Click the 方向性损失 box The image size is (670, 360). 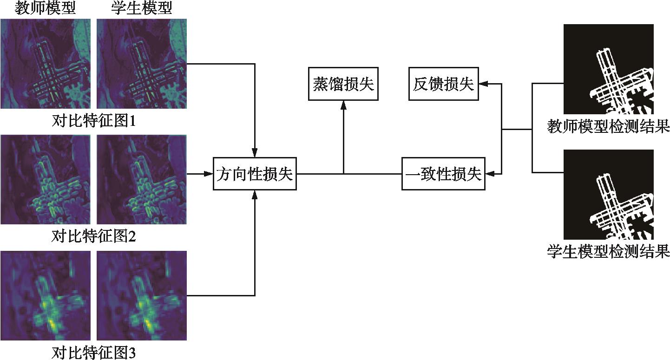pyautogui.click(x=255, y=174)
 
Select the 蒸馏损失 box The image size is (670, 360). pyautogui.click(x=343, y=84)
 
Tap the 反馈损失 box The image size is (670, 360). pyautogui.click(x=443, y=84)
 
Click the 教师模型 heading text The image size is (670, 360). pyautogui.click(x=45, y=8)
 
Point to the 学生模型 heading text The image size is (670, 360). pyautogui.click(x=142, y=8)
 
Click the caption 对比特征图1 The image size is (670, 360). pyautogui.click(x=93, y=121)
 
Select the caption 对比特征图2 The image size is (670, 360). pyautogui.click(x=93, y=236)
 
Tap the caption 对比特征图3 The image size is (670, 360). pyautogui.click(x=93, y=352)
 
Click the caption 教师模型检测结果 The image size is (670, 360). pyautogui.click(x=608, y=126)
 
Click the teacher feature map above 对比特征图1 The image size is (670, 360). pyautogui.click(x=45, y=64)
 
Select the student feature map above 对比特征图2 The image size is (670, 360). pyautogui.click(x=142, y=179)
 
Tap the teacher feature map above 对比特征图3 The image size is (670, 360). pyautogui.click(x=45, y=295)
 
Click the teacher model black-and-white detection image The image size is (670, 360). pyautogui.click(x=608, y=69)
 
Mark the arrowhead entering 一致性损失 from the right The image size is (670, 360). pyautogui.click(x=488, y=174)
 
